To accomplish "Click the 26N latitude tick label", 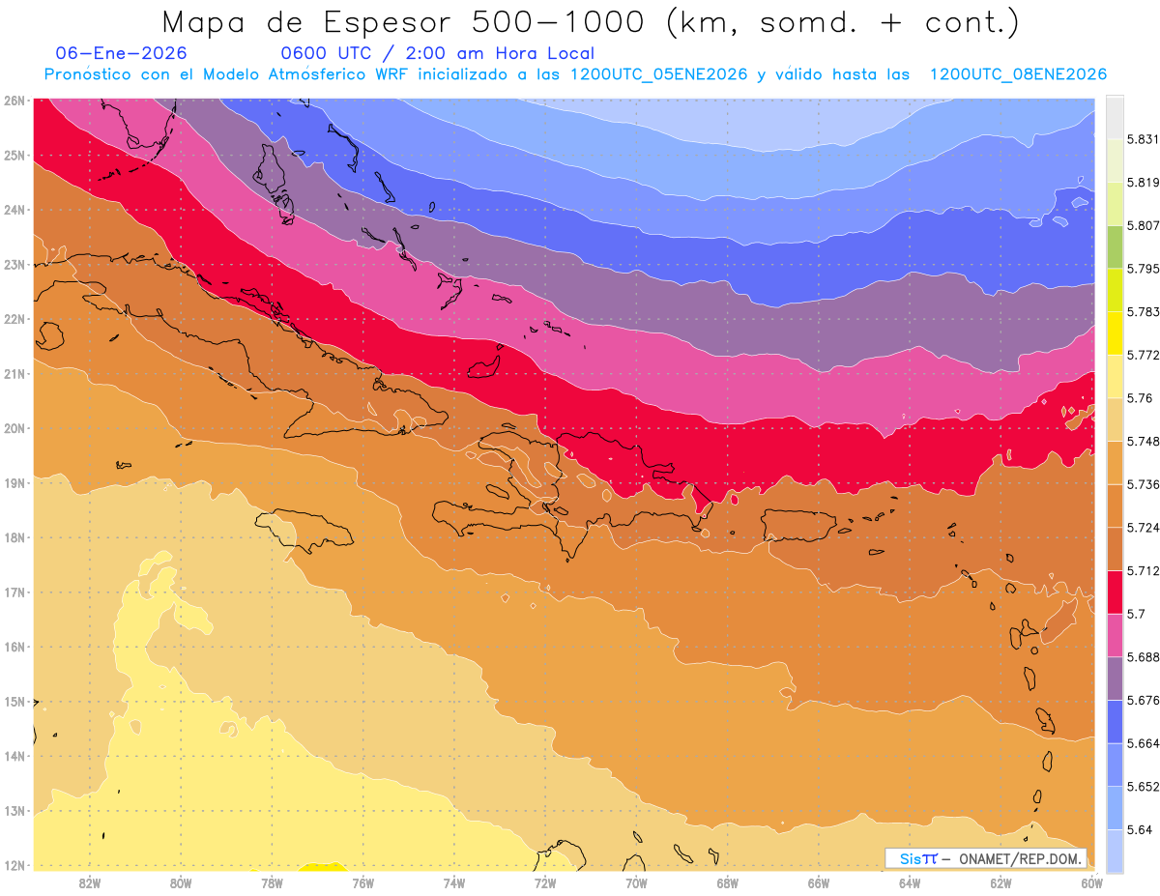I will (14, 100).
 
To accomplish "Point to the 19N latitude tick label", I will (14, 482).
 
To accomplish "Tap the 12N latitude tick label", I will (14, 865).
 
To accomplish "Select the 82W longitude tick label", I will (90, 882).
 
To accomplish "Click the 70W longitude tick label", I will (636, 882).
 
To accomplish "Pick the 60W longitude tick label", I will (1091, 882).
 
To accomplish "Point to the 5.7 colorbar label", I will (1137, 614).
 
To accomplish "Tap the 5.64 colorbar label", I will (1141, 829).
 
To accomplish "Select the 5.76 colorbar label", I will (1141, 398).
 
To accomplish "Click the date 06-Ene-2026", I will (122, 53).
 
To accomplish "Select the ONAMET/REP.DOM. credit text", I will (1022, 858).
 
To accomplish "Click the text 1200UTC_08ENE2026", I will (1018, 74).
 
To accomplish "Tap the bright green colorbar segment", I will (1116, 247).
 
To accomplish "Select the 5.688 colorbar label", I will (1144, 657).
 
